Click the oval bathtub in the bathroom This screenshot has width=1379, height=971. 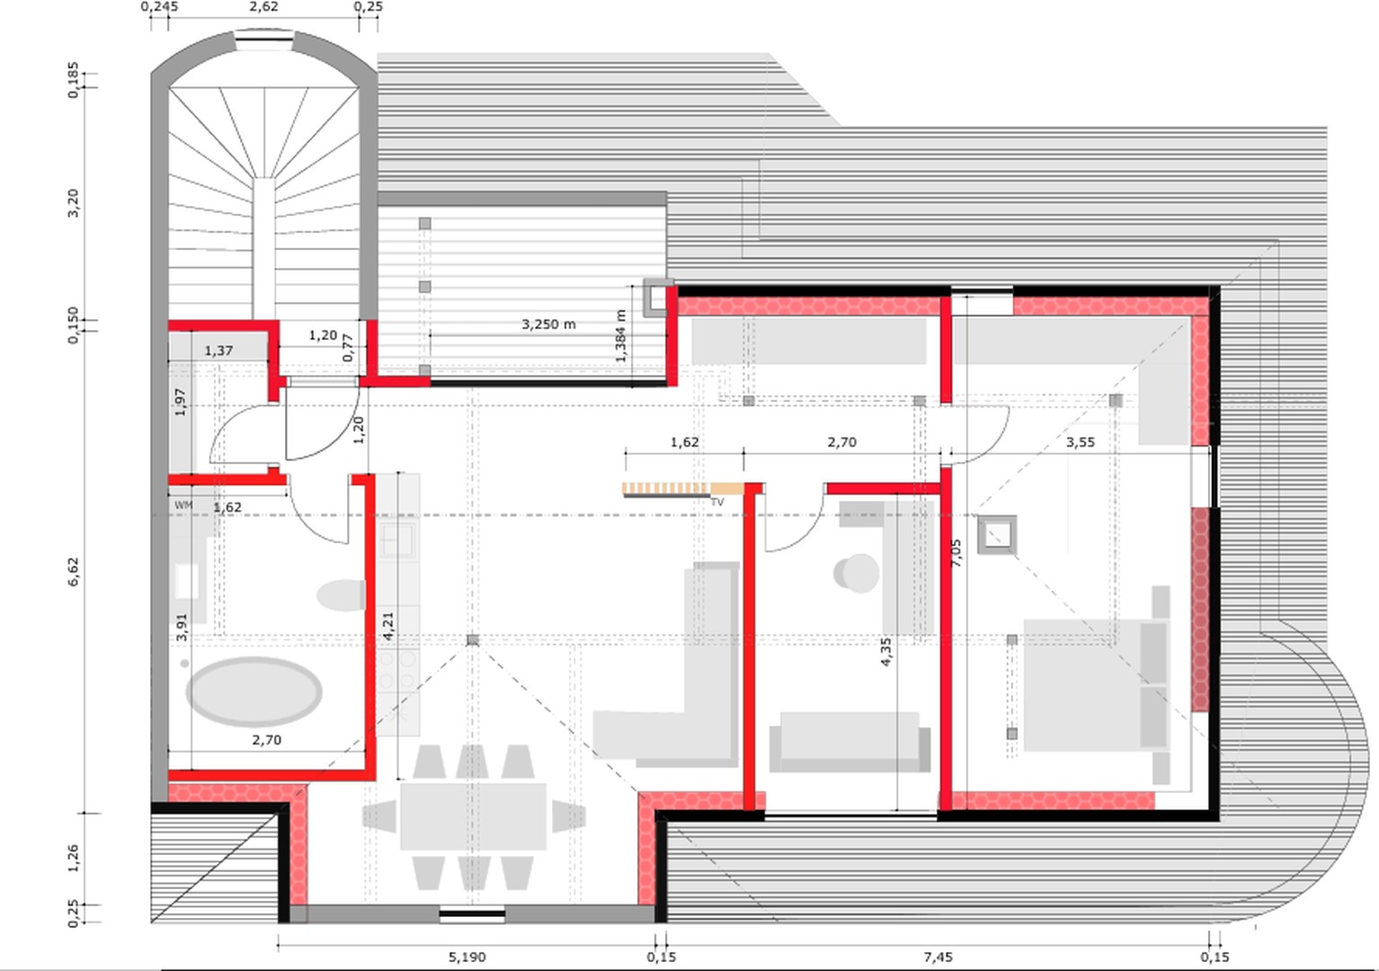point(254,691)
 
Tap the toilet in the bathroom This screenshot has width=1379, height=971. point(342,595)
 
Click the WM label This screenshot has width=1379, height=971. point(183,505)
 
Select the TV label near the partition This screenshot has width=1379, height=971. point(717,503)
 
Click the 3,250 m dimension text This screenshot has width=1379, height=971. point(548,324)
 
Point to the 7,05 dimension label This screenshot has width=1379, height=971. point(956,552)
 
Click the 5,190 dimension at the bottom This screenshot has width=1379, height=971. point(467,957)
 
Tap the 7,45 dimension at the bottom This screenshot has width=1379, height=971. point(938,957)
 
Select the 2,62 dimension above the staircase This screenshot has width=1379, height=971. point(263,7)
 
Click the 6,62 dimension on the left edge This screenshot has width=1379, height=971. point(73,572)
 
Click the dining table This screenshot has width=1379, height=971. point(473,816)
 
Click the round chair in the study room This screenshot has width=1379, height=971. point(857,573)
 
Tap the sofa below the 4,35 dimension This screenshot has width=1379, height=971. point(850,742)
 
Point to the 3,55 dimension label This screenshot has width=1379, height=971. point(1080,442)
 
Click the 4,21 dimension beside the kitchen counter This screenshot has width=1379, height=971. point(387,626)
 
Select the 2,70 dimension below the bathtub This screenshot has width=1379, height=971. point(266,740)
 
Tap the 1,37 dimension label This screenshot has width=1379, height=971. point(218,351)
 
